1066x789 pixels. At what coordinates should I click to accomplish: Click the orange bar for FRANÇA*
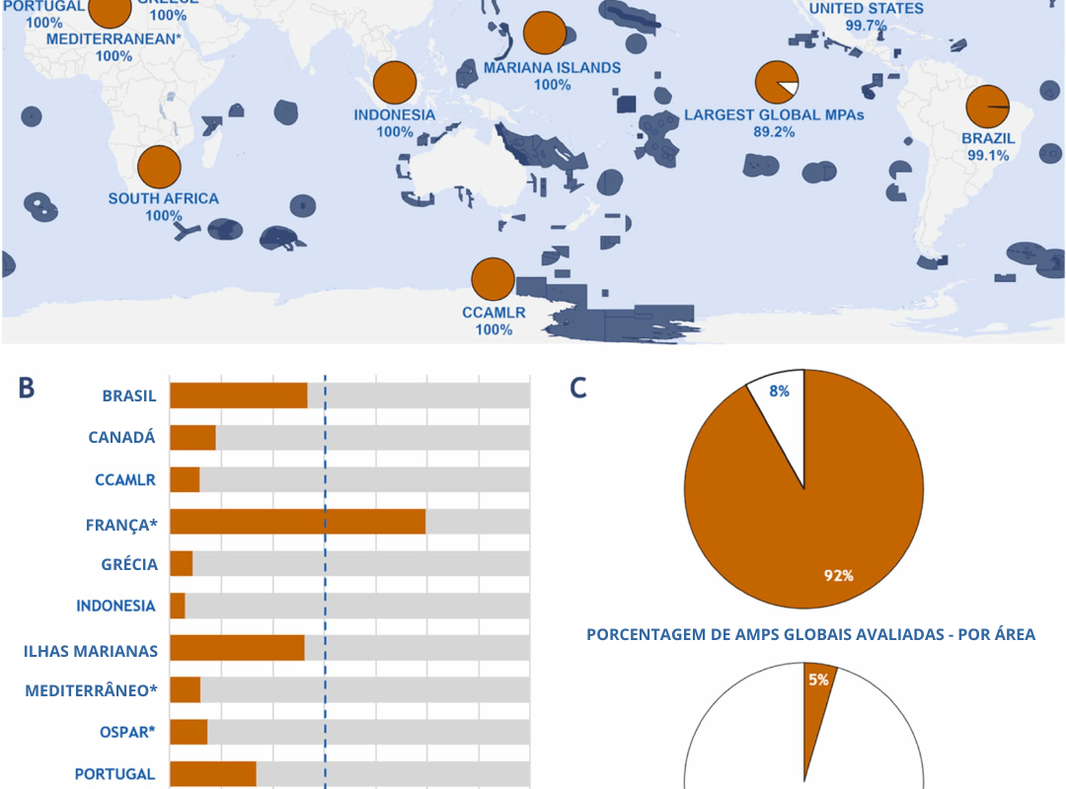[297, 522]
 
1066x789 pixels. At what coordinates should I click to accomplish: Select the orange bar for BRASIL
[238, 395]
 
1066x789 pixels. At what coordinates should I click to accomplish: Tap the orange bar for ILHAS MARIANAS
[237, 648]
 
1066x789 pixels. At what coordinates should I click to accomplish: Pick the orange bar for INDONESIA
[178, 606]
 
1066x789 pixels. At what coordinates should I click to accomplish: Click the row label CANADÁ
[122, 437]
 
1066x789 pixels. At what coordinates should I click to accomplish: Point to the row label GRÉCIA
[129, 564]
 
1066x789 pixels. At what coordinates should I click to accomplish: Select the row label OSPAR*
[126, 732]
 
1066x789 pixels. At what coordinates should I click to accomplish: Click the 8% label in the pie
[780, 391]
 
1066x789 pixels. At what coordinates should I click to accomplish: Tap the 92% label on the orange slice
[839, 575]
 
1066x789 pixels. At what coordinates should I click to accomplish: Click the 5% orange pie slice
[818, 690]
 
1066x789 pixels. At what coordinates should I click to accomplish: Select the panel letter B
[27, 388]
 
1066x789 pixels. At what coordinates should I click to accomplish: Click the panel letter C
[578, 388]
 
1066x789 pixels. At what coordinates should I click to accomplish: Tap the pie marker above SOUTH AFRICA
[159, 167]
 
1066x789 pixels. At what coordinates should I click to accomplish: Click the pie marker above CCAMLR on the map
[493, 279]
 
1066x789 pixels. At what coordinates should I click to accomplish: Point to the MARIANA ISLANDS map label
[552, 68]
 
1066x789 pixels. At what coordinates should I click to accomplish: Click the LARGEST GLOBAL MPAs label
[774, 114]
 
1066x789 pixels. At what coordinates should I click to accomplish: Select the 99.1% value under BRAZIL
[988, 155]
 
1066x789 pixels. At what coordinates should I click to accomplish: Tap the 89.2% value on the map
[774, 131]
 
